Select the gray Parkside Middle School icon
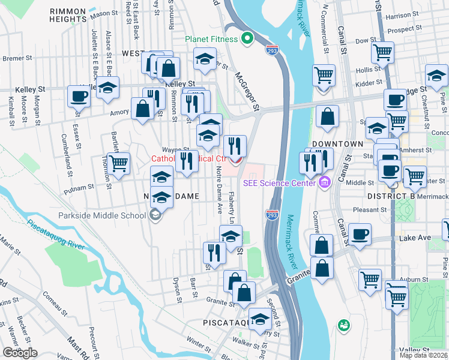click(x=155, y=215)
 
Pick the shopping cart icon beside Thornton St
click(x=118, y=162)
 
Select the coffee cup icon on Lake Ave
click(x=360, y=234)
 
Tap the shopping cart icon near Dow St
click(x=382, y=52)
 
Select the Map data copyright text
click(x=423, y=355)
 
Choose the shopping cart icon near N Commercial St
click(x=324, y=75)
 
